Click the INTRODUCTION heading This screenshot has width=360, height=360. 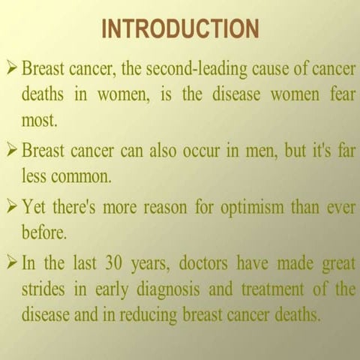(x=180, y=29)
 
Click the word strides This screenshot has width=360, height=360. (x=46, y=288)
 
